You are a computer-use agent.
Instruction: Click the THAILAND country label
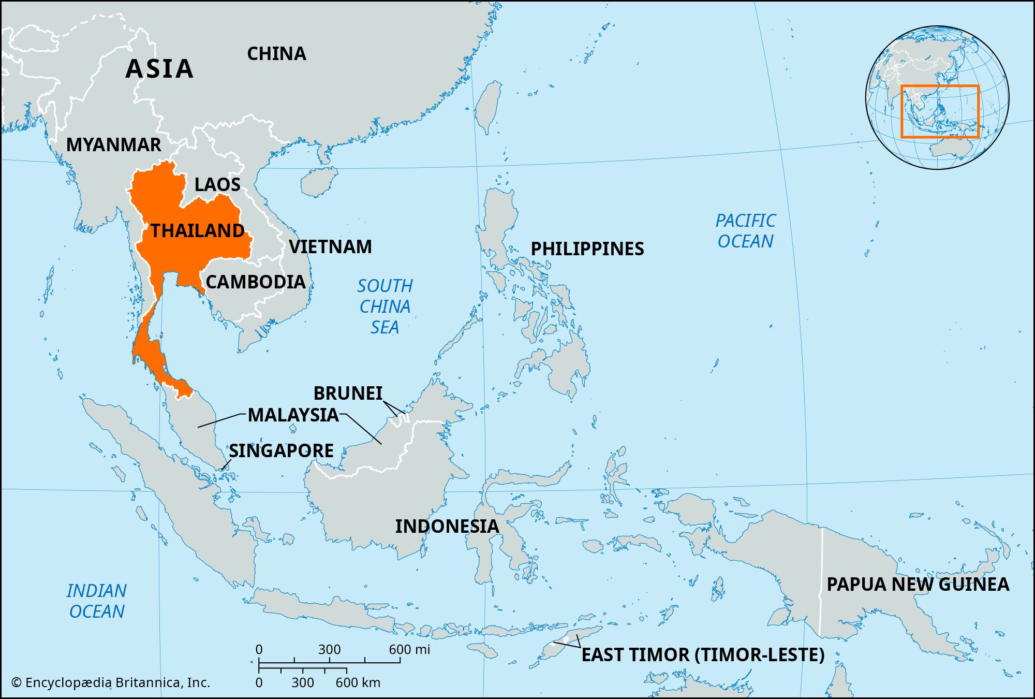tap(197, 230)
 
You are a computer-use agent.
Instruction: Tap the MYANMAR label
tap(114, 144)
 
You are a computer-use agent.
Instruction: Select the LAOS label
tap(217, 184)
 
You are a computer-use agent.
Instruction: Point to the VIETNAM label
tap(330, 246)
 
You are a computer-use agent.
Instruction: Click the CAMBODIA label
tap(256, 282)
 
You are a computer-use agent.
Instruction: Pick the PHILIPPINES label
tap(587, 249)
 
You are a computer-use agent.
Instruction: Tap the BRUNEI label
tap(348, 393)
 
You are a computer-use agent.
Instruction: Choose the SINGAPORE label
tap(281, 450)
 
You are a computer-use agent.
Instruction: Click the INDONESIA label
tap(447, 526)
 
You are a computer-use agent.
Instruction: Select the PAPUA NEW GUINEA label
tap(918, 584)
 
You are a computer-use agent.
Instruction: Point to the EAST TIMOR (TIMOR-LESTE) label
tap(703, 654)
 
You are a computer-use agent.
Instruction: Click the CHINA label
tap(276, 53)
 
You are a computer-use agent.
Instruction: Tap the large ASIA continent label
tap(159, 68)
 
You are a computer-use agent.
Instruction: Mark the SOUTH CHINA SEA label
tap(385, 306)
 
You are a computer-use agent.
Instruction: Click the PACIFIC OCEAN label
tap(745, 231)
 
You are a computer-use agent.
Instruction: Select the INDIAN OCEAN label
tap(97, 601)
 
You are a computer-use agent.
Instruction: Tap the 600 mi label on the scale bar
tap(409, 649)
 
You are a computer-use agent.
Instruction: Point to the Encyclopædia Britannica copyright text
tap(111, 682)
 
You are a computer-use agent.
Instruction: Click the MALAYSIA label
tap(293, 415)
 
